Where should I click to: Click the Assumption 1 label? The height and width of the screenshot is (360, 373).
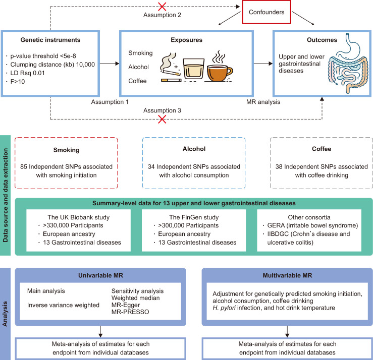click(109, 101)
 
